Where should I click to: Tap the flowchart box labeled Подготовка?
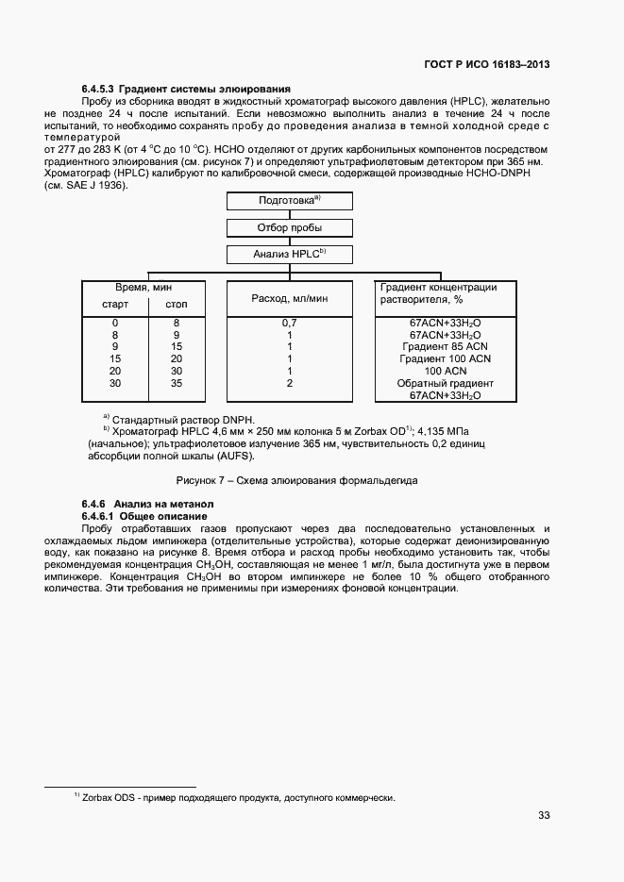pos(290,201)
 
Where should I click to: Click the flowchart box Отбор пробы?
pos(290,227)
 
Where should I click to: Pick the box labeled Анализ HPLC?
pos(290,254)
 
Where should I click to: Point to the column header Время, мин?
pos(143,287)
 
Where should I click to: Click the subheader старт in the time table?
pos(115,305)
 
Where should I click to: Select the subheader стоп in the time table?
pos(177,305)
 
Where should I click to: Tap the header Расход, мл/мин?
pos(290,298)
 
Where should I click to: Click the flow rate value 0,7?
pos(290,323)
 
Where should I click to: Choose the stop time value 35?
pos(177,383)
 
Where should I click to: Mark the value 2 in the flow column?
pos(290,383)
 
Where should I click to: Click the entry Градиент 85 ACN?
pos(446,346)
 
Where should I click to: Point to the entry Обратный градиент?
pos(446,383)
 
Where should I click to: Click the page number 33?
pos(544,816)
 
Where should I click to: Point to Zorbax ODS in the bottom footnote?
pos(109,798)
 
